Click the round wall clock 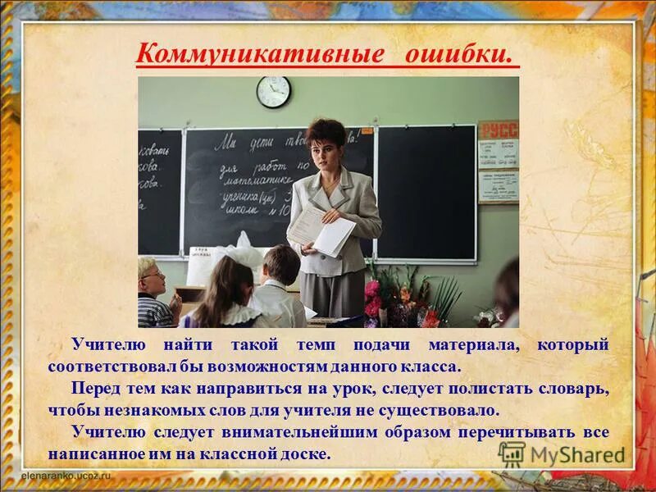tap(273, 91)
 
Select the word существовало tap(445, 409)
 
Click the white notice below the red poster tap(499, 186)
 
